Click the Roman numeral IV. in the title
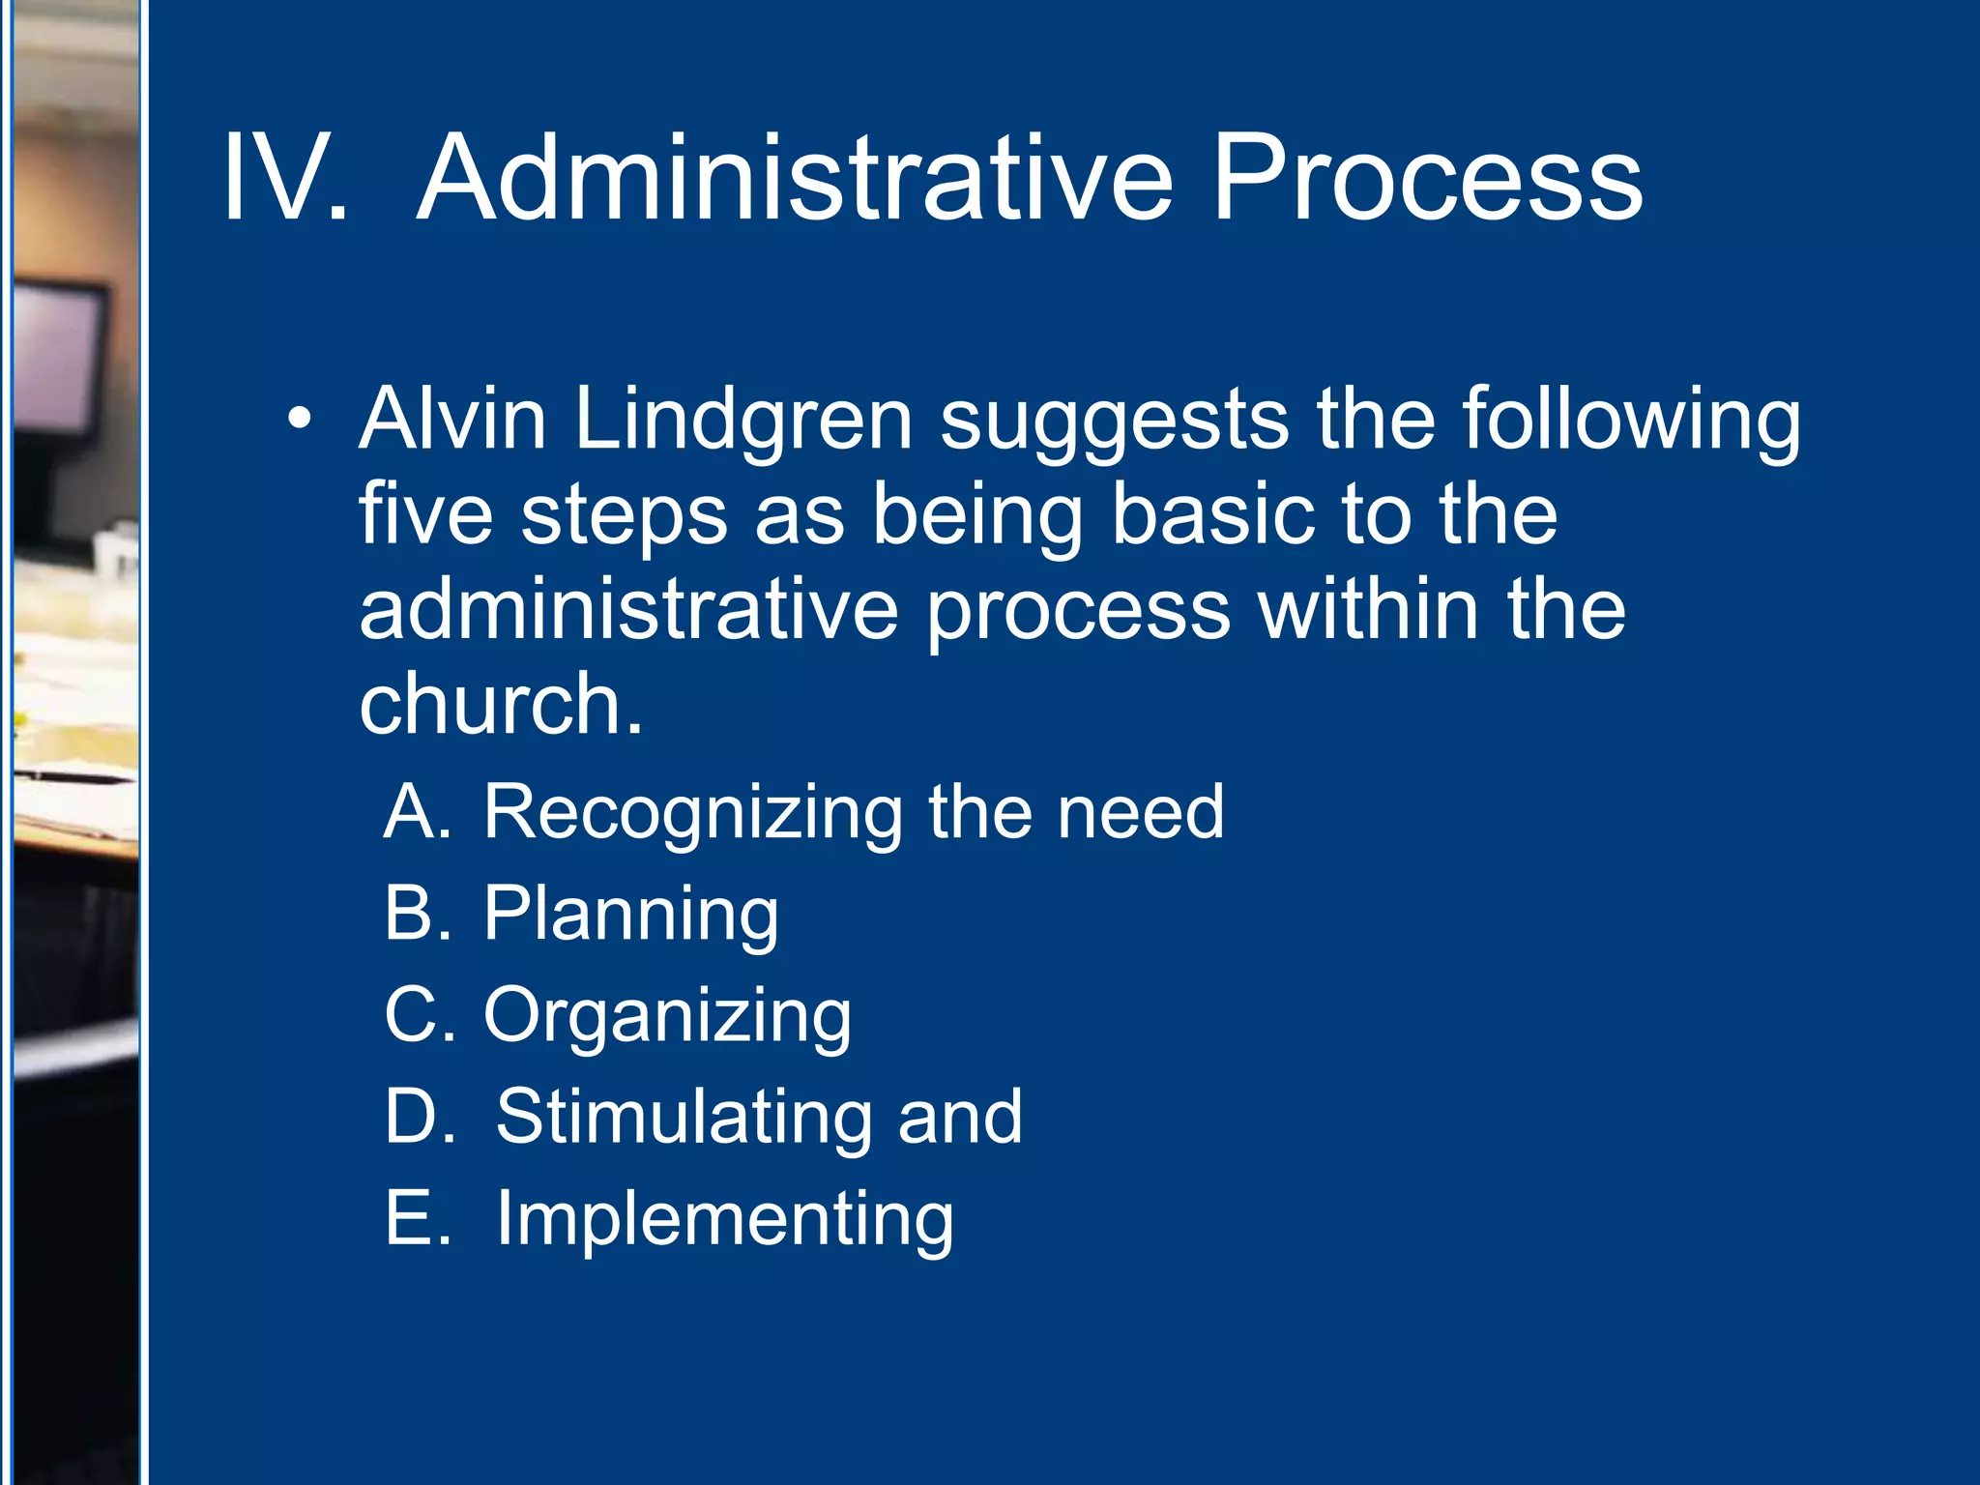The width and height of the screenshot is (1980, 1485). [284, 180]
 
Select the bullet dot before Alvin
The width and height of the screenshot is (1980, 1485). [300, 420]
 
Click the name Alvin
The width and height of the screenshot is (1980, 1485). [452, 420]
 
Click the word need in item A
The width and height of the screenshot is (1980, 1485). [1140, 812]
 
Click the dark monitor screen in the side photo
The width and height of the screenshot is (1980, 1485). [58, 348]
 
